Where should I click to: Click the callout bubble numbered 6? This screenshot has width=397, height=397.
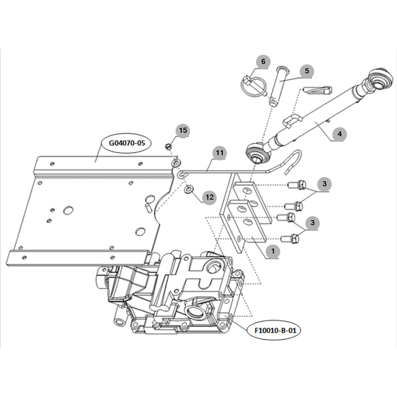point(263,62)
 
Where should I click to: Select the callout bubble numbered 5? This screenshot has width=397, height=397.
point(307,71)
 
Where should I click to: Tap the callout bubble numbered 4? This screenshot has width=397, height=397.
point(340,134)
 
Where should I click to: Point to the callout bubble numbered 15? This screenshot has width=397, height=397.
point(183,130)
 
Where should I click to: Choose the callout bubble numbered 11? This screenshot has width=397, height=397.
point(219,153)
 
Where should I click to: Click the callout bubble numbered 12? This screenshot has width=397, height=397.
point(209,197)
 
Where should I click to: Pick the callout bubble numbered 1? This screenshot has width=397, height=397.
point(273,251)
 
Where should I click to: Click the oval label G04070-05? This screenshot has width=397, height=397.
point(127,143)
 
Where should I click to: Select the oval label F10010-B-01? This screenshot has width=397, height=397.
point(275,331)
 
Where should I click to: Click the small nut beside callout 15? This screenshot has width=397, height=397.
point(168,146)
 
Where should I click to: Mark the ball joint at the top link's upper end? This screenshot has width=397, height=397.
point(378,79)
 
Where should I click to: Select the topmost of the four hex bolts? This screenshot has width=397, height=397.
point(297,185)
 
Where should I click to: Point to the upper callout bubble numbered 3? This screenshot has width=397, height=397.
point(324,184)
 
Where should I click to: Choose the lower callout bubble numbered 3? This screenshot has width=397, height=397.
point(312,223)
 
